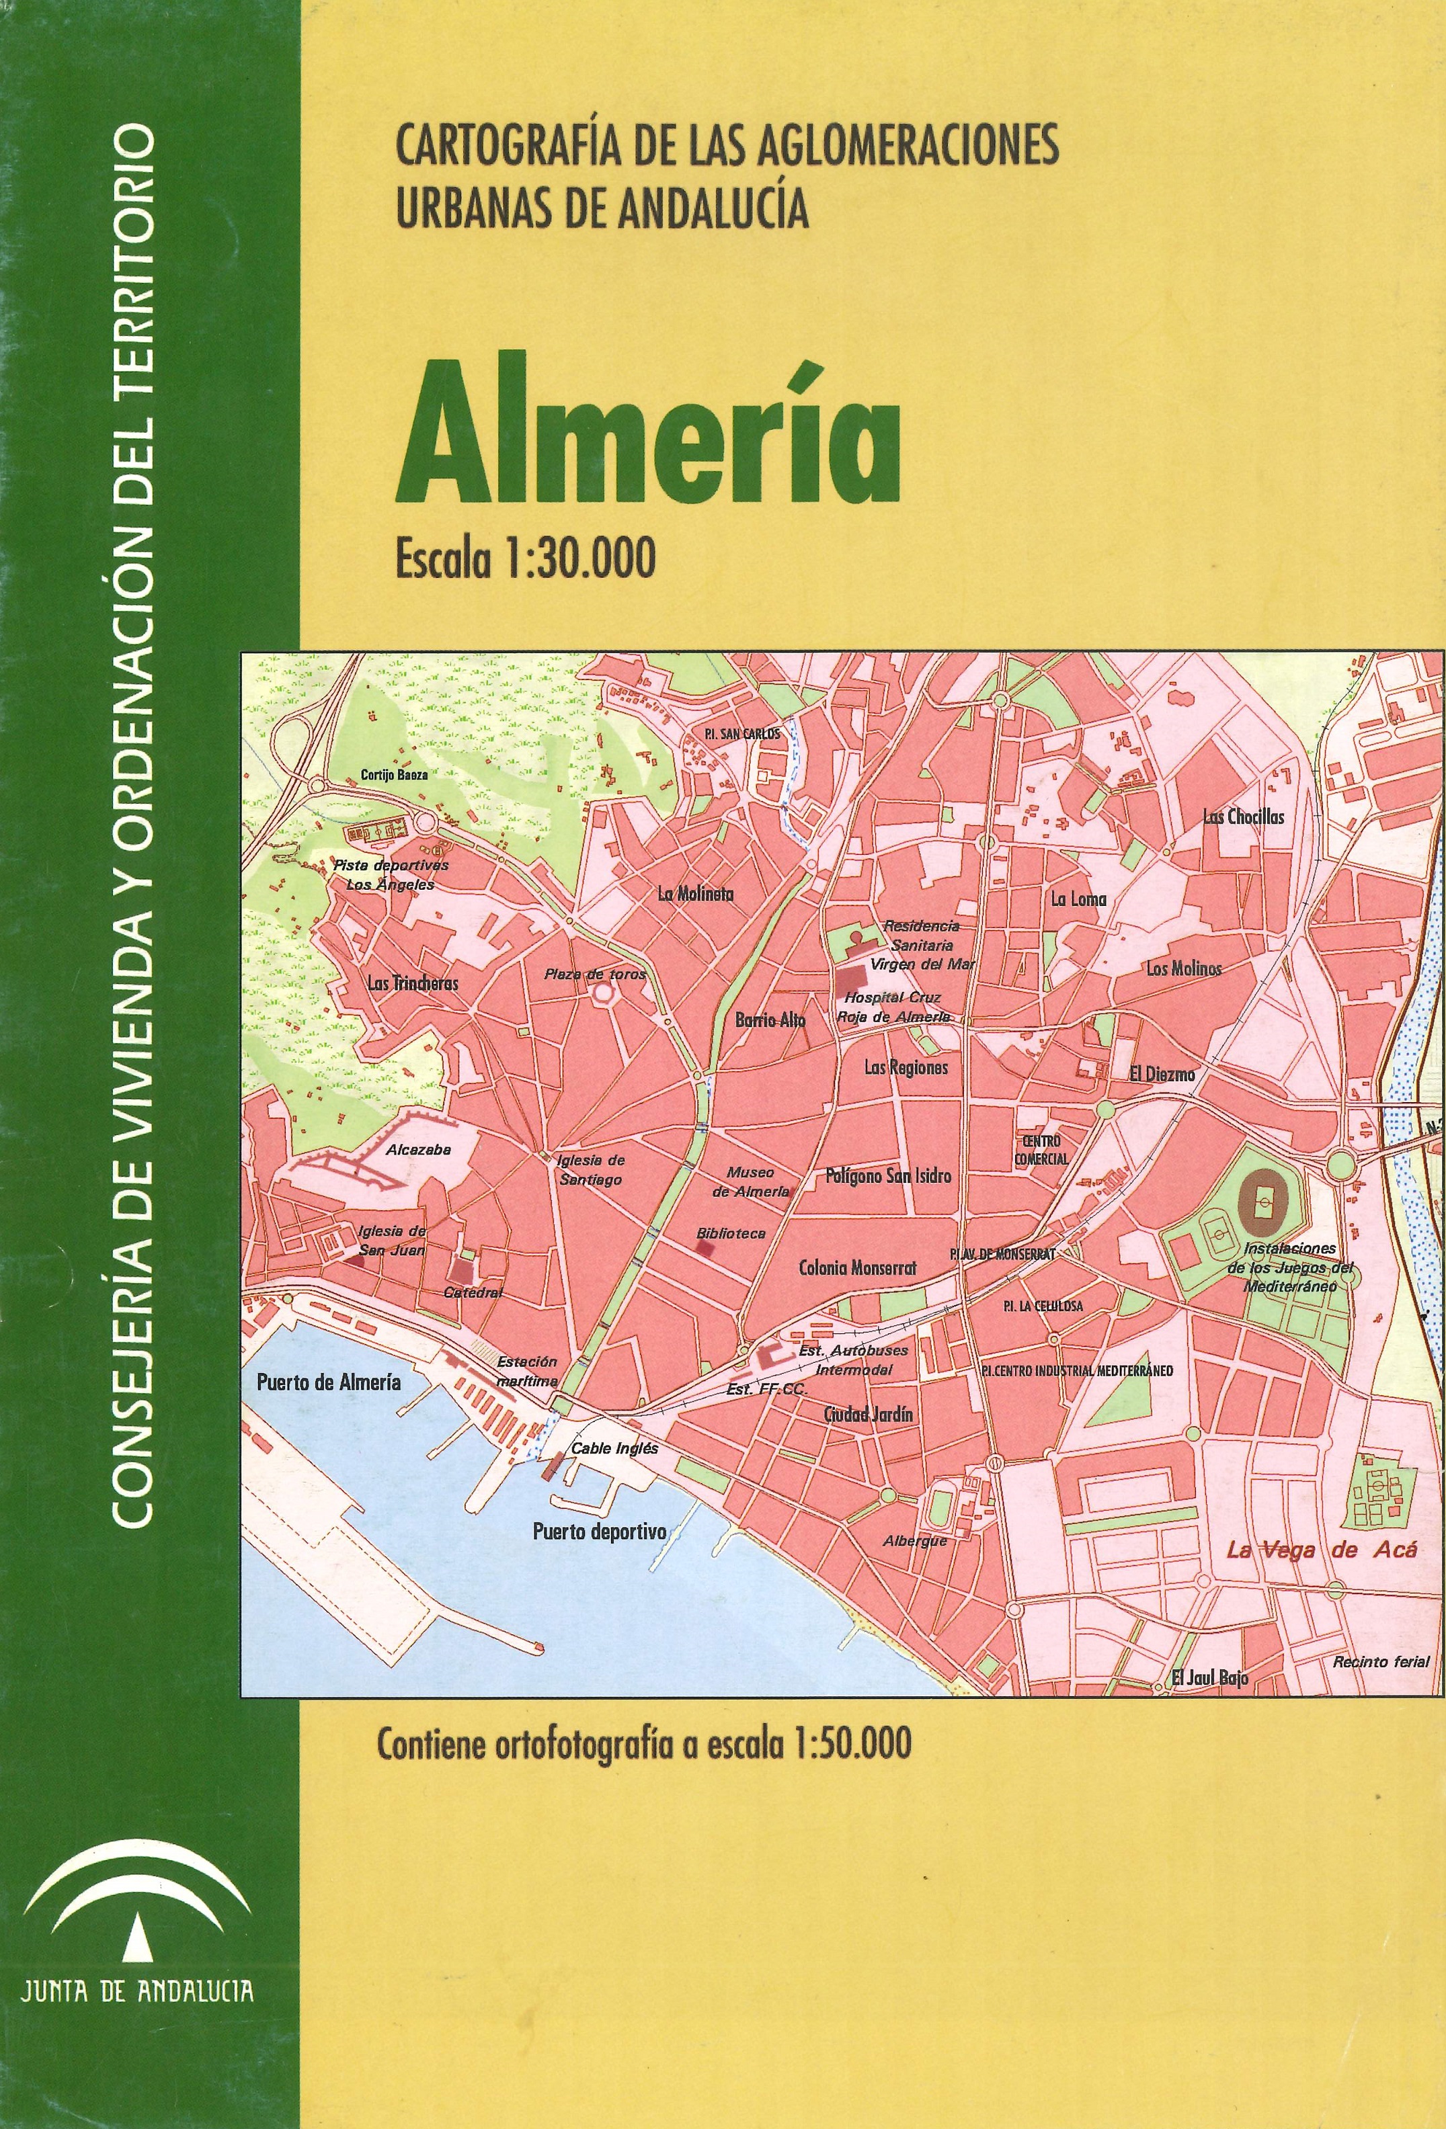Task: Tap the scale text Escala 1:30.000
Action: (525, 558)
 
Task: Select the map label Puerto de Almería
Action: (328, 1382)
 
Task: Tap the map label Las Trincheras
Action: (411, 984)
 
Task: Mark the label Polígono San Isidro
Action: (888, 1175)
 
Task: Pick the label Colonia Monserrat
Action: (857, 1269)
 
